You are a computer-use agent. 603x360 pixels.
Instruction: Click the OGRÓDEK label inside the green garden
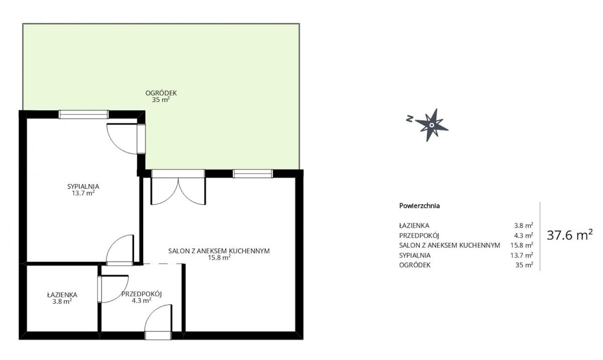click(161, 93)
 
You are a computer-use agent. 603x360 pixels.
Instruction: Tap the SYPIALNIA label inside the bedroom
click(83, 186)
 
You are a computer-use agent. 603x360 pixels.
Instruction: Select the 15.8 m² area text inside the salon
click(219, 258)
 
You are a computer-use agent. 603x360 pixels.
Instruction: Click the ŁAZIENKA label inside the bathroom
click(62, 294)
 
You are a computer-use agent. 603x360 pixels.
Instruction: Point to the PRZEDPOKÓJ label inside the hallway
click(141, 294)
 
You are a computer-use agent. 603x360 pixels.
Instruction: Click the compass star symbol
click(431, 125)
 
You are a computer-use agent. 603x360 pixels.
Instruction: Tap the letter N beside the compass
click(410, 118)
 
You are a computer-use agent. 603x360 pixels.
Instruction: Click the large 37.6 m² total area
click(569, 235)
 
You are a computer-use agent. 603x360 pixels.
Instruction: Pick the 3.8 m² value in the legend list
click(524, 225)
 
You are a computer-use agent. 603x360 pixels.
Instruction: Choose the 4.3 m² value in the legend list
click(524, 235)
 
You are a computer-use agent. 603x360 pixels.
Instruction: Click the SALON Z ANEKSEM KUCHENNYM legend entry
click(450, 246)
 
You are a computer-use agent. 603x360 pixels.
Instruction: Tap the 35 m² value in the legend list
click(524, 265)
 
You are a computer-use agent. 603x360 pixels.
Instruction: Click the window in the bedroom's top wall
click(84, 114)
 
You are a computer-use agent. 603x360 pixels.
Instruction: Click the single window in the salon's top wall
click(253, 174)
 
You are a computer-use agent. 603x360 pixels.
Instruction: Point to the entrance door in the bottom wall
click(158, 322)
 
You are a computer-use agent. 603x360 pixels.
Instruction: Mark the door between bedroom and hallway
click(120, 250)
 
